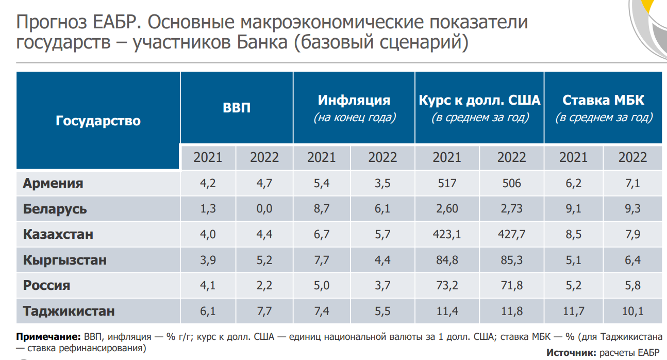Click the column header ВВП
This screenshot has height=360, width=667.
click(x=237, y=107)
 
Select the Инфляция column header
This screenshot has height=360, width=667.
click(x=354, y=100)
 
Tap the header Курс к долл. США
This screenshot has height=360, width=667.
click(x=479, y=100)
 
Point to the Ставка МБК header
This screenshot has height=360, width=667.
click(x=603, y=100)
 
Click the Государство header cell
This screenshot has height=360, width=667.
click(x=98, y=121)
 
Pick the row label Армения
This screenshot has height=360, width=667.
click(x=53, y=183)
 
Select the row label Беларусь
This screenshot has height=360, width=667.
click(x=55, y=209)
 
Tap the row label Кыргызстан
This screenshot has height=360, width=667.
click(x=65, y=260)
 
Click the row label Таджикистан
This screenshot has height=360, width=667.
click(x=69, y=312)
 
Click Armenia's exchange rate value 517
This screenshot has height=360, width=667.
click(x=447, y=183)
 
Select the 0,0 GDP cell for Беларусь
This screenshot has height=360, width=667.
click(x=264, y=209)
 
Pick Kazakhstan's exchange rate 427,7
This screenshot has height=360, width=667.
click(x=511, y=235)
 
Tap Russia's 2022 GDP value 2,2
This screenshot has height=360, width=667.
click(x=264, y=286)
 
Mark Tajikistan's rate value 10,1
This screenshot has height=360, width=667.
click(x=632, y=312)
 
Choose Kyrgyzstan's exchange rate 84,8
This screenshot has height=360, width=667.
click(x=447, y=260)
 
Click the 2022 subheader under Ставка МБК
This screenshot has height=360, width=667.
click(x=632, y=157)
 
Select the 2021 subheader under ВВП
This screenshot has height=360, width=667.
click(x=208, y=157)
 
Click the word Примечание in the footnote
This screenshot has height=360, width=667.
click(x=48, y=337)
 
